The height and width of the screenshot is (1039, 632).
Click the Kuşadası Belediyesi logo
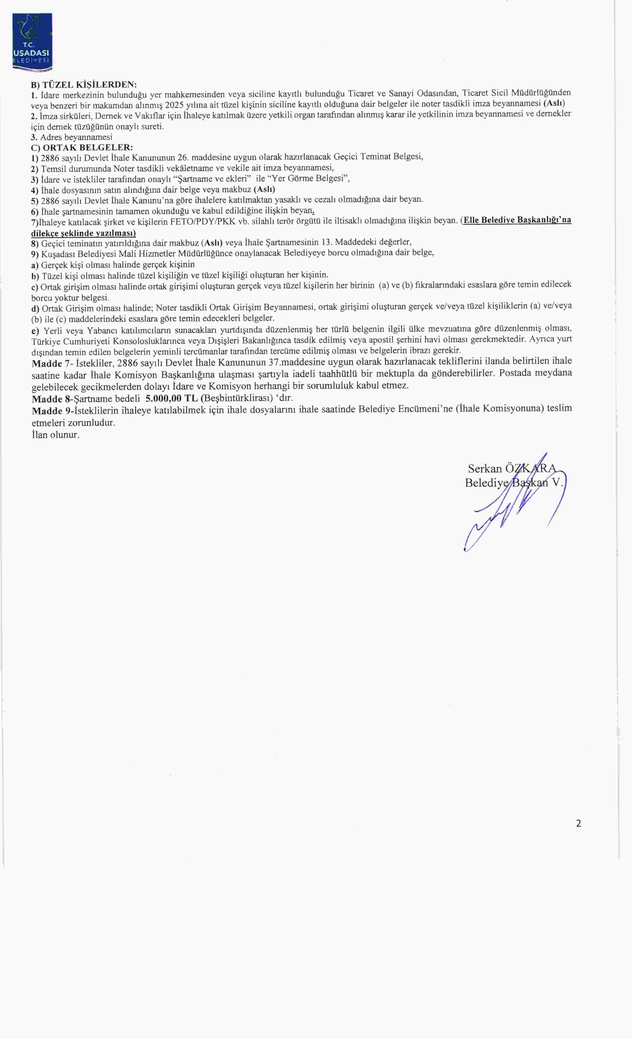pyautogui.click(x=32, y=42)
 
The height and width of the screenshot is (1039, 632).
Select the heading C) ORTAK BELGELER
pyautogui.click(x=82, y=148)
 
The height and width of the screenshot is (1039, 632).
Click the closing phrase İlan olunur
pyautogui.click(x=55, y=435)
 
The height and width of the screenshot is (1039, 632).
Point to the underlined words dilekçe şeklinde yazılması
pyautogui.click(x=84, y=233)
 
